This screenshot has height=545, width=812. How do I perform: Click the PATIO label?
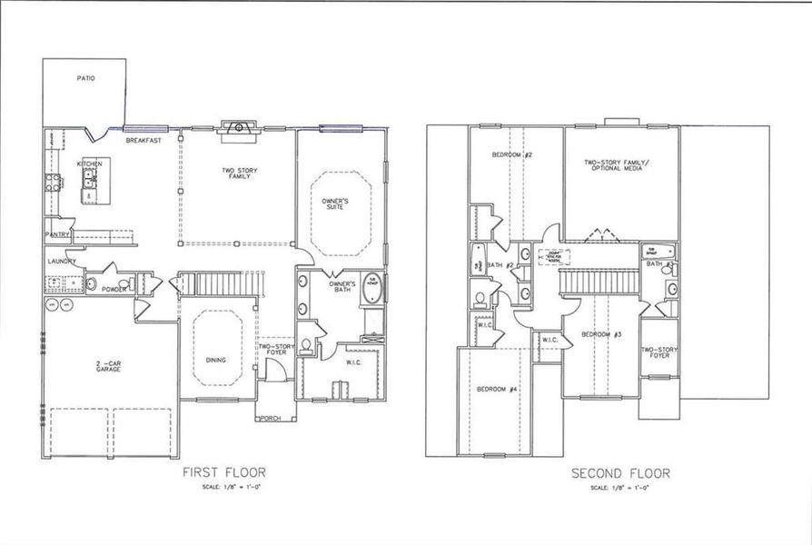tap(84, 79)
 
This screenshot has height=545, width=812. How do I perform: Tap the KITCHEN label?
tap(89, 163)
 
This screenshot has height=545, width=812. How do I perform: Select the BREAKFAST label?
tap(144, 141)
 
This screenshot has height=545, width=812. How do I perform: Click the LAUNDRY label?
tap(62, 263)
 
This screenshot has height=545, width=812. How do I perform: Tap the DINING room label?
tap(215, 361)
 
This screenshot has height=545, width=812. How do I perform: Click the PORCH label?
tap(270, 419)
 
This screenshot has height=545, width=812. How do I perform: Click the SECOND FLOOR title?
tap(620, 473)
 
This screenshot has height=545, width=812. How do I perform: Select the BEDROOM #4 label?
tap(497, 390)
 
